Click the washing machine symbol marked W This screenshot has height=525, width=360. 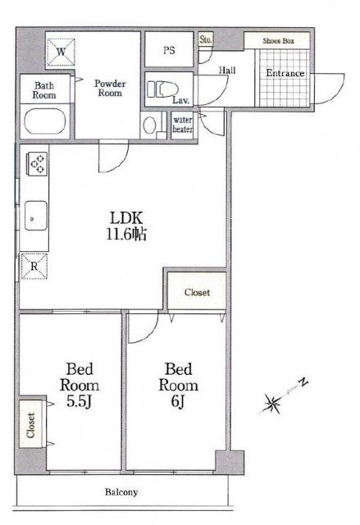click(x=61, y=52)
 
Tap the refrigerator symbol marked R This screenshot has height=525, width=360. click(x=34, y=266)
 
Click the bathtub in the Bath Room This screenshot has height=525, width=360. click(x=44, y=121)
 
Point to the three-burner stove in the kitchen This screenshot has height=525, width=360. click(x=37, y=162)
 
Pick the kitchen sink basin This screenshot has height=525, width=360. click(x=36, y=215)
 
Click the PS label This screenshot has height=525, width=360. click(x=169, y=50)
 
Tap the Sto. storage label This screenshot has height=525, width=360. click(x=206, y=39)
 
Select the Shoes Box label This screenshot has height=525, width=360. click(x=278, y=41)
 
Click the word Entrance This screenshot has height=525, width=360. click(x=285, y=73)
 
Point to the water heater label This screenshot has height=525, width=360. click(x=182, y=124)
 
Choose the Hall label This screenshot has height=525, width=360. click(x=227, y=70)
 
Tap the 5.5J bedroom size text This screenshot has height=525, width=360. click(x=79, y=401)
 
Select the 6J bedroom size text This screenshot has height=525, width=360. click(x=178, y=401)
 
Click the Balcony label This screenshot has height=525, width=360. click(x=121, y=492)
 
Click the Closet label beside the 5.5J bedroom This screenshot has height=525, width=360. click(x=31, y=425)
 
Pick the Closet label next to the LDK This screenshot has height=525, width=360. click(x=197, y=292)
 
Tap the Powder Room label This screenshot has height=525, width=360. click(x=110, y=88)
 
